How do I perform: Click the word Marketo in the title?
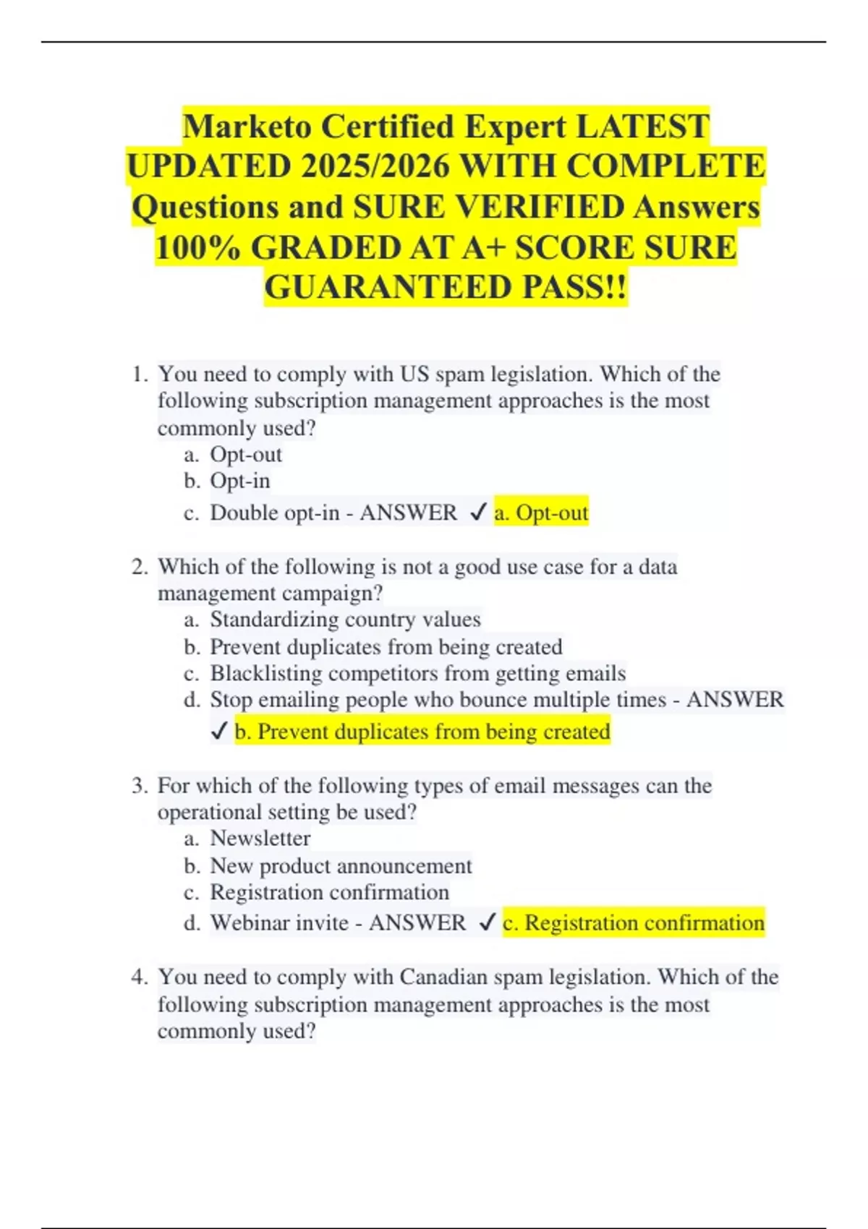click(x=249, y=127)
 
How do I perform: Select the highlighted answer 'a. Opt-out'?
click(x=541, y=513)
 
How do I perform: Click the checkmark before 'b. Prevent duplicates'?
click(x=219, y=732)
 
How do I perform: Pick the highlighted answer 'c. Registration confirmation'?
click(x=634, y=923)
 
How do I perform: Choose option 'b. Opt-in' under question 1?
click(x=239, y=481)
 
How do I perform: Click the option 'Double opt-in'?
click(x=274, y=513)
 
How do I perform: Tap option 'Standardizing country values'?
click(x=345, y=620)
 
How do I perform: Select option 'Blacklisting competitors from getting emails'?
click(x=417, y=674)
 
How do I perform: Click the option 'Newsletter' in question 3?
click(x=260, y=839)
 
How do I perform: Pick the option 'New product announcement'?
click(x=341, y=866)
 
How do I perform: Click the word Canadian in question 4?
click(x=443, y=977)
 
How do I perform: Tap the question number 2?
click(x=138, y=567)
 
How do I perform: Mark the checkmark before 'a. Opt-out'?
click(x=477, y=513)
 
